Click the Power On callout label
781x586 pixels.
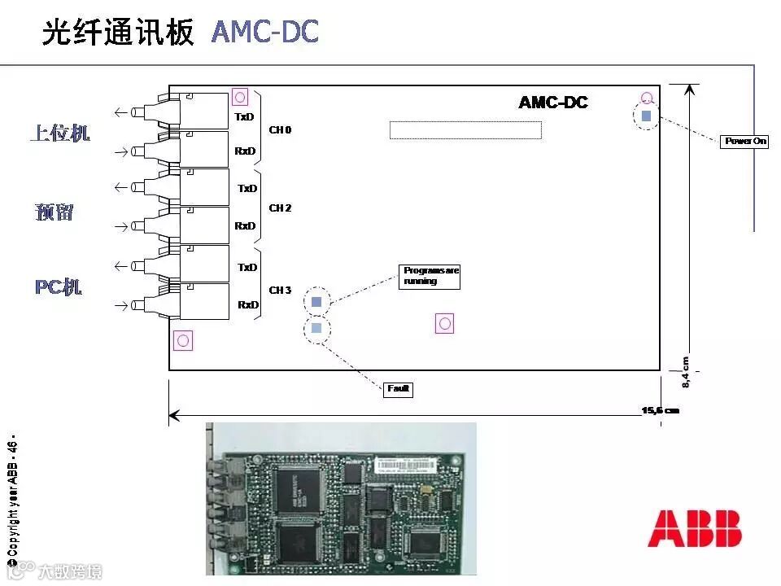point(746,141)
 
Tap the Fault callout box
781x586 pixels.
point(399,390)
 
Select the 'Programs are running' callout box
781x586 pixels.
point(430,277)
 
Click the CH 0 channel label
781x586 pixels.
point(280,130)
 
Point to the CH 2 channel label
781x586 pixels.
point(280,208)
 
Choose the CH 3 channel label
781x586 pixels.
point(280,291)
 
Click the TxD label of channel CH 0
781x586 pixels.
point(245,117)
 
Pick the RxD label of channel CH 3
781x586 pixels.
point(248,305)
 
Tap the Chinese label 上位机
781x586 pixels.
point(59,133)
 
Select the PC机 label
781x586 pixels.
point(59,287)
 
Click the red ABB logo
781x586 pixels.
point(695,529)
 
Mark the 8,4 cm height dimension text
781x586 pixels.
point(685,372)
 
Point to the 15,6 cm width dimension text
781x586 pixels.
point(660,410)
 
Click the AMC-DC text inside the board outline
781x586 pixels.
point(553,103)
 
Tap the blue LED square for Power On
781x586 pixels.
point(646,116)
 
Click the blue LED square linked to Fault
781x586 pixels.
point(316,328)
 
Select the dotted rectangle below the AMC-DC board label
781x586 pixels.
point(465,130)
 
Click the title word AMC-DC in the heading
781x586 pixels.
point(265,32)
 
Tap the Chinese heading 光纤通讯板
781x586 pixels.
point(118,32)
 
